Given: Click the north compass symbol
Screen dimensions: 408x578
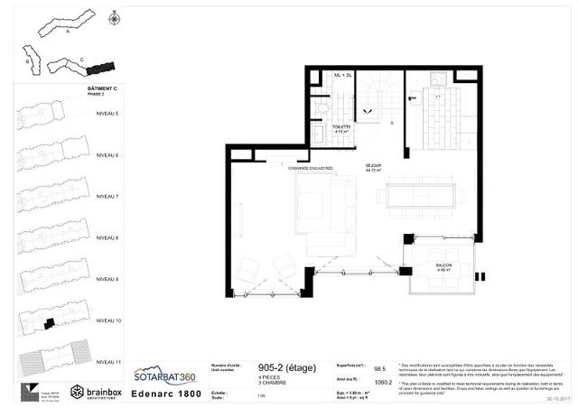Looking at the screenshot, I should point(113,18).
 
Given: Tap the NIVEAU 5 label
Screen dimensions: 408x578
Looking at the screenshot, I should point(108,113).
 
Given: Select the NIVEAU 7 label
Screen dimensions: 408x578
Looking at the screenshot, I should point(108,196).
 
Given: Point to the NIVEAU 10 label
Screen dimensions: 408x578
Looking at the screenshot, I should point(108,320).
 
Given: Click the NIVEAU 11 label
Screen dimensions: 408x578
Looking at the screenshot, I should point(108,361).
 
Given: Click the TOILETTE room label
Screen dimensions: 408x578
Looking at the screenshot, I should point(341,127).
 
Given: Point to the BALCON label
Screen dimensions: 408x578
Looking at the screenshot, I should point(443,265).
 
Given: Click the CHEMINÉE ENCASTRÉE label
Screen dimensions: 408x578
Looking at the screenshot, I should point(310,168).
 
